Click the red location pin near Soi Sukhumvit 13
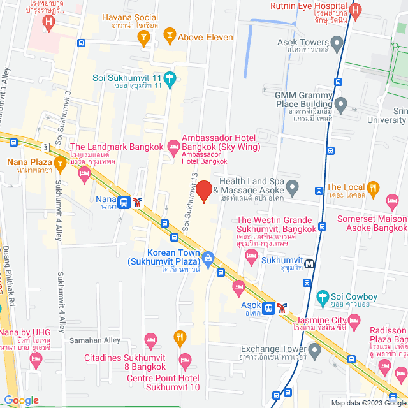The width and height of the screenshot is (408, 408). point(203,191)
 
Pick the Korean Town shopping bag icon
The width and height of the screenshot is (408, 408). point(208,259)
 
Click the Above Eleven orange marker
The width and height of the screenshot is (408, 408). point(169,34)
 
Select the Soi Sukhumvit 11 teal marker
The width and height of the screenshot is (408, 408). point(169,80)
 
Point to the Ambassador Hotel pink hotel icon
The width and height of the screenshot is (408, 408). point(173,147)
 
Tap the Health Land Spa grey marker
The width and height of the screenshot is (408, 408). point(293,188)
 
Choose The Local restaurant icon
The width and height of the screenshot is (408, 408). point(373,188)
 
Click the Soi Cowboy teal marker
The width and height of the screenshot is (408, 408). point(322,297)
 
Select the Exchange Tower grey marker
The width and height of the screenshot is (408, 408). point(314,349)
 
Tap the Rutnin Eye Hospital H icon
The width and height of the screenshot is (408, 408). point(356,11)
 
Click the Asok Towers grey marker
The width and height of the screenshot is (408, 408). point(337,43)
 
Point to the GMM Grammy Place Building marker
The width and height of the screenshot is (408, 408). point(341,103)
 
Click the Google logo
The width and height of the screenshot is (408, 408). point(20,400)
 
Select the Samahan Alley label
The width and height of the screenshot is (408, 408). point(94,340)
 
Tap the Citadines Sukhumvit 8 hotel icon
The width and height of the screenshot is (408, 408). point(150,339)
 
